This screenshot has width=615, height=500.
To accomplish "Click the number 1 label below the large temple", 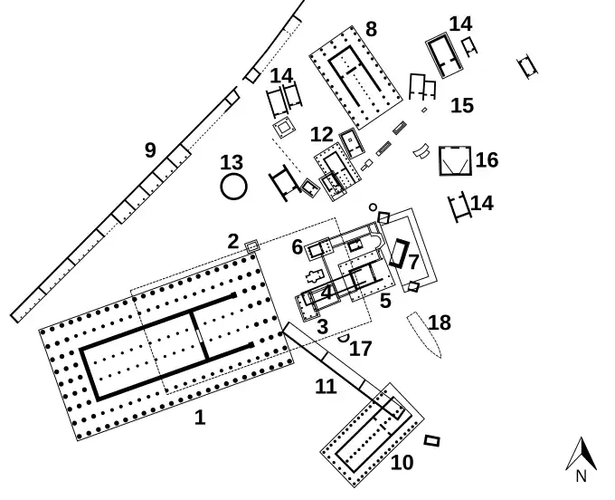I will point(200,418).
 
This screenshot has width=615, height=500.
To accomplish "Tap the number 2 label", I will point(232,241).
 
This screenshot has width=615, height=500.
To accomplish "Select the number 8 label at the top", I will point(371,30).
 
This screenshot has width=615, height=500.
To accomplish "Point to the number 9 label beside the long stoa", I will point(150,150).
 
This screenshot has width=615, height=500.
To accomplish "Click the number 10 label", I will point(402,463).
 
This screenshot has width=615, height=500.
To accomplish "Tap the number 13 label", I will point(232,163).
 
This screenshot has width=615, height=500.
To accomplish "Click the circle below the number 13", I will point(233,187).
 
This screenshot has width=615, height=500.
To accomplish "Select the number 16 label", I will point(487,160).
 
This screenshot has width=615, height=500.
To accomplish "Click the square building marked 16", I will point(455,160).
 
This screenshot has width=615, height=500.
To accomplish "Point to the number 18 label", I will point(440,323).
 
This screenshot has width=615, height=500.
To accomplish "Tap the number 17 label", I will point(360,348).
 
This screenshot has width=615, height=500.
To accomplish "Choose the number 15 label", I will point(461,105).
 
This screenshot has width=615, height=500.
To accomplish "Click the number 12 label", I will point(322,135).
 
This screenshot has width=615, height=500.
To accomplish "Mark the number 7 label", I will point(413,263).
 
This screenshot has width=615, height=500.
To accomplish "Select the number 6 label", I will point(298,246).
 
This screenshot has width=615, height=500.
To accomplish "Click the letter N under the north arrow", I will point(582,476).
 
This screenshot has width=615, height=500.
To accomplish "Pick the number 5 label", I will point(385,301).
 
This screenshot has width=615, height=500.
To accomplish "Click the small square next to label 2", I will point(252,245).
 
